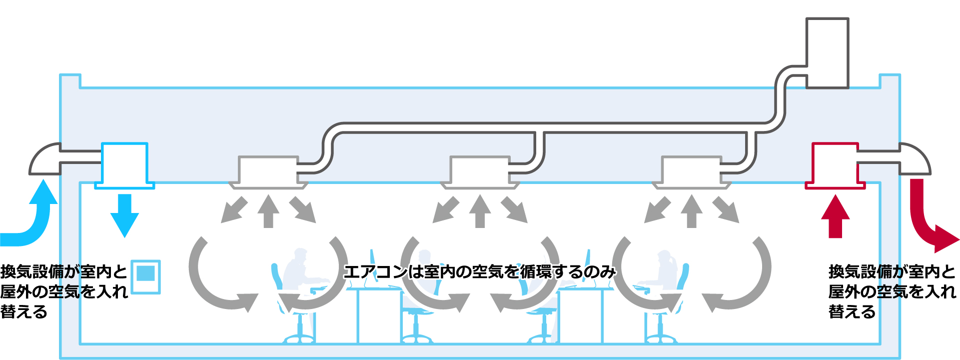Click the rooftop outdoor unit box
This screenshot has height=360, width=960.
(827, 53)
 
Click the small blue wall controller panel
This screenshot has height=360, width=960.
(145, 276)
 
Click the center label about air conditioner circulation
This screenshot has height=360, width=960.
(480, 272)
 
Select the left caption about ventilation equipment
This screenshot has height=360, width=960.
(64, 291)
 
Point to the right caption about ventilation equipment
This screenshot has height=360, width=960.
(892, 291)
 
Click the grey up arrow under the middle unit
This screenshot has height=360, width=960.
(480, 211)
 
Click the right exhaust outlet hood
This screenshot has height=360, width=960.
(915, 159)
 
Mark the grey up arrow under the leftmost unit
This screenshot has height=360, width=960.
(268, 211)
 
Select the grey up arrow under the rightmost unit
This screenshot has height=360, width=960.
(692, 211)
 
